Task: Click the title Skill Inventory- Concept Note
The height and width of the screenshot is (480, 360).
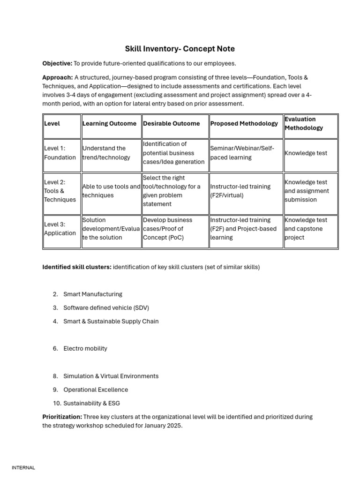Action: [180, 49]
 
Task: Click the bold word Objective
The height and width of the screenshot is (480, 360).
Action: [57, 63]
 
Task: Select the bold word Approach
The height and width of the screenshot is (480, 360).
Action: [57, 77]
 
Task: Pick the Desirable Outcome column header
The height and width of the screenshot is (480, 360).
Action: [171, 124]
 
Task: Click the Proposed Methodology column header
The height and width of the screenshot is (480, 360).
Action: [244, 124]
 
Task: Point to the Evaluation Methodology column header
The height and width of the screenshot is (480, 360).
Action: [303, 123]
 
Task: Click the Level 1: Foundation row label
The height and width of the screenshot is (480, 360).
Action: [60, 153]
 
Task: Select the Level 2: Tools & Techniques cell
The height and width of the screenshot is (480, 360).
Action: [60, 191]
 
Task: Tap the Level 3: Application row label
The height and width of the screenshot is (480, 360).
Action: [60, 229]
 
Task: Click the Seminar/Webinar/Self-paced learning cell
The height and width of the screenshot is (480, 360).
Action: [242, 153]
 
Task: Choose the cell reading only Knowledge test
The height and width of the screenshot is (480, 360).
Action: [306, 153]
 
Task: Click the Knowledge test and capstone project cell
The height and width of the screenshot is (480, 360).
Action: [306, 229]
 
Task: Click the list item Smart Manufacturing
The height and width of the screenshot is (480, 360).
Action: [93, 294]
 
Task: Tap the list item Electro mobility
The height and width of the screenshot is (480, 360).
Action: [85, 349]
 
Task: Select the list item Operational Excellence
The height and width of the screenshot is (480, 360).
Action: [96, 390]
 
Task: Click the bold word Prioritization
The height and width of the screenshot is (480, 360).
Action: [62, 417]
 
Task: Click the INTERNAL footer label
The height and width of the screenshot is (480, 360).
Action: [23, 468]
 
